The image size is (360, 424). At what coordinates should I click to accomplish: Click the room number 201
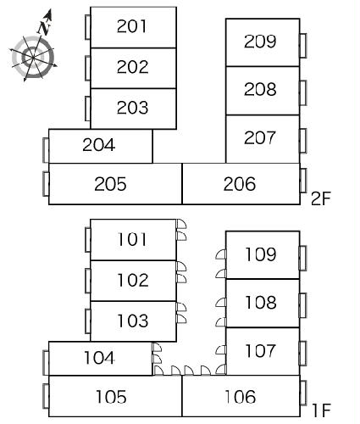point(132,26)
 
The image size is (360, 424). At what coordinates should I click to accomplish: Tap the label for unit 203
point(132,108)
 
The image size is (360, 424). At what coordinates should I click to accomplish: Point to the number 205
point(110,184)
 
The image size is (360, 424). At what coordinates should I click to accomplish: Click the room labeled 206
point(240,184)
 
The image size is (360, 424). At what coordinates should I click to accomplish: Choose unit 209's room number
point(260,42)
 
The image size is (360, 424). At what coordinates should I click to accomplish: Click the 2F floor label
point(321,198)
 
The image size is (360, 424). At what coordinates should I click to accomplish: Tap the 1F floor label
point(321,410)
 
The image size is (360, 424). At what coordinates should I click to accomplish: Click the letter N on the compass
point(43,28)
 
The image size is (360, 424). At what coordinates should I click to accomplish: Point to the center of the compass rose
point(33,58)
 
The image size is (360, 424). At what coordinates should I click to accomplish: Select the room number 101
point(132,239)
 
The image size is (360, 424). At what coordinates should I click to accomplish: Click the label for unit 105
point(111,397)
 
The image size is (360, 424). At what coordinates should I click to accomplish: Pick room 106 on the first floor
point(241,397)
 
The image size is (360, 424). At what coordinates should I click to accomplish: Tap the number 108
point(261,302)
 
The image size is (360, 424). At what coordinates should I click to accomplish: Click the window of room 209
point(303,46)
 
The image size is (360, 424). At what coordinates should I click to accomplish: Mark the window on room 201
point(88,27)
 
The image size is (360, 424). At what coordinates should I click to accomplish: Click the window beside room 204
point(46,150)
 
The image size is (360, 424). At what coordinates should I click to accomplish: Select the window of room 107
point(303,354)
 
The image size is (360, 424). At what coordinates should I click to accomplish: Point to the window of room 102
point(88,281)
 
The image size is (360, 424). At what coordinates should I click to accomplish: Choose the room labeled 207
point(260,138)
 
